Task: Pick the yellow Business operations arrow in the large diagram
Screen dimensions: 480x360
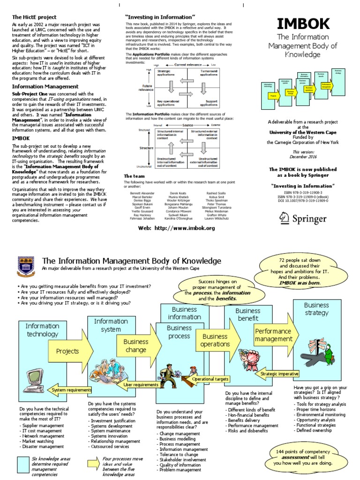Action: click(216, 340)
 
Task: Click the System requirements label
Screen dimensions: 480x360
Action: click(72, 390)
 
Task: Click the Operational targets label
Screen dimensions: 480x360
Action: click(210, 379)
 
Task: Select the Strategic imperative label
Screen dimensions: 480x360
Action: click(280, 374)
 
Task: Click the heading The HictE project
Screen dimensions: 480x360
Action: click(30, 17)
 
